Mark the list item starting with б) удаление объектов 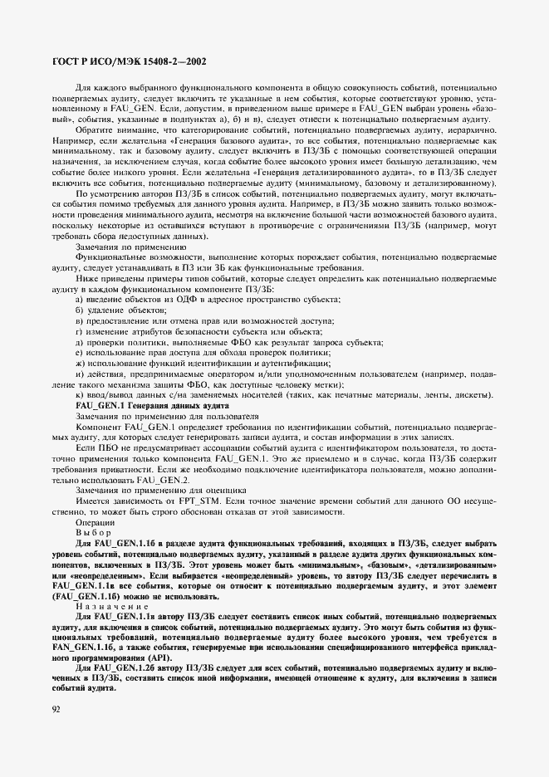[x=109, y=309]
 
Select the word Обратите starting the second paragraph [x=94, y=129]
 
